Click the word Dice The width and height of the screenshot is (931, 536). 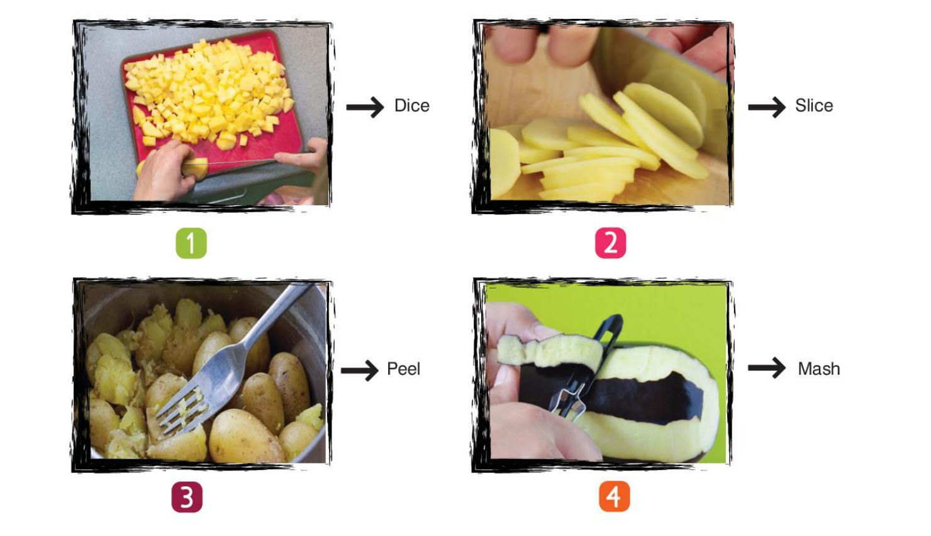point(411,106)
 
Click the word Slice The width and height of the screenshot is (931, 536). point(814,106)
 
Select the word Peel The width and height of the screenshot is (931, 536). point(404,368)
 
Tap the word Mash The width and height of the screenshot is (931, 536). point(819,368)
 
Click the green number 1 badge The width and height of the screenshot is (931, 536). point(191,243)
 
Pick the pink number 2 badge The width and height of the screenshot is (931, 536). point(611,243)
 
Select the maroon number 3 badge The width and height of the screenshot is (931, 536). point(187,497)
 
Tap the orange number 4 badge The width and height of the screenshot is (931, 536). point(615,496)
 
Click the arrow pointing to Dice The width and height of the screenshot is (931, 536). point(365,107)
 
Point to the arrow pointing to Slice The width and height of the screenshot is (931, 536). point(767,107)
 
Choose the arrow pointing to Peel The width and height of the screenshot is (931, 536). point(360,370)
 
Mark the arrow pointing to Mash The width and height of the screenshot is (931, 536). point(767,368)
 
